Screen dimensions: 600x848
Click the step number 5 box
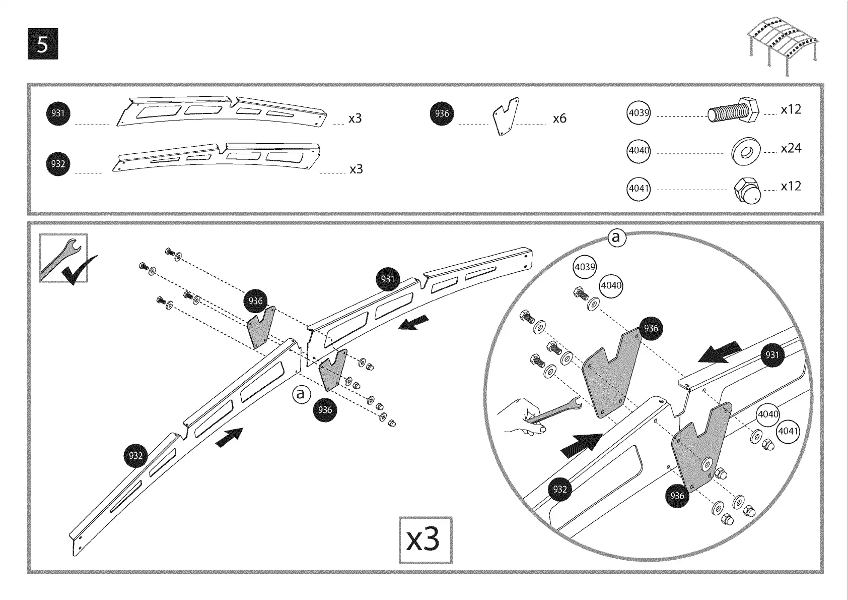click(x=43, y=44)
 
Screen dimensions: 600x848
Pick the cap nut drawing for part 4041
click(x=746, y=191)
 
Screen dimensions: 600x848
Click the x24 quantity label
click(x=791, y=148)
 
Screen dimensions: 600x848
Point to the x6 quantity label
click(x=559, y=118)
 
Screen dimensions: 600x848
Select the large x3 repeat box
click(x=425, y=540)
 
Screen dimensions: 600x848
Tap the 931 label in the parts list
click(x=58, y=113)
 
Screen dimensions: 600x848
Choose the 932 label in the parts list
click(x=58, y=164)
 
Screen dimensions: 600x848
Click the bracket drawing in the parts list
click(x=506, y=117)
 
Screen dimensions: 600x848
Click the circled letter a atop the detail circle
click(x=616, y=237)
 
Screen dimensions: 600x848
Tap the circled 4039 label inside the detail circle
click(x=585, y=267)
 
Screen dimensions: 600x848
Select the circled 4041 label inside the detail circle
click(x=788, y=431)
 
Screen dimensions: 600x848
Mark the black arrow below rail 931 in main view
click(x=414, y=323)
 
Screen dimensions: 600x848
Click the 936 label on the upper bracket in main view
click(x=255, y=301)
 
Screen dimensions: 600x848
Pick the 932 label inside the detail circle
click(x=560, y=489)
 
